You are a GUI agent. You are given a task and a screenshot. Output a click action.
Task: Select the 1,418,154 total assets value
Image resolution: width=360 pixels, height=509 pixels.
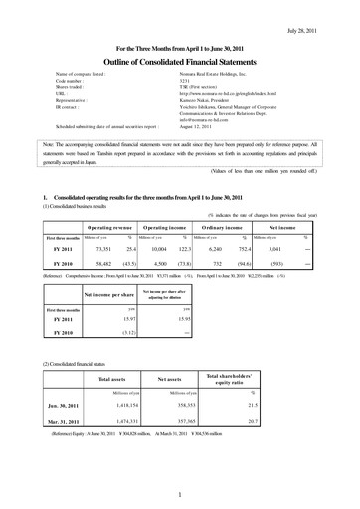point(109,407)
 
